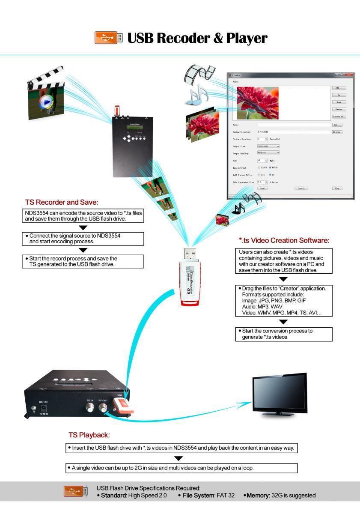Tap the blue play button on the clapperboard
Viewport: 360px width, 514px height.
point(46,102)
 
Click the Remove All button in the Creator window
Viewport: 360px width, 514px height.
point(339,117)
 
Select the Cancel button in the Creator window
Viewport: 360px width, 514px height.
point(301,188)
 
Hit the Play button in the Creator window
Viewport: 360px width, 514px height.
point(337,188)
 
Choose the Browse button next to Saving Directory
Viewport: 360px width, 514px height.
point(337,132)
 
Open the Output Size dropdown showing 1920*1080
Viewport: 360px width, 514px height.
point(268,146)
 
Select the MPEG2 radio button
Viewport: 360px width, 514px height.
point(270,167)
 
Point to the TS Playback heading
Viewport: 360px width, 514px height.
point(89,435)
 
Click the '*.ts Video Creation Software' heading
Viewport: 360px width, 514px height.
point(284,241)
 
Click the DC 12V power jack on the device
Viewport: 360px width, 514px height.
point(44,410)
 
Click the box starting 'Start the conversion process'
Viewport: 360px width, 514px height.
point(284,334)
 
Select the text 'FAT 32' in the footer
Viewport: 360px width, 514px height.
point(225,496)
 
